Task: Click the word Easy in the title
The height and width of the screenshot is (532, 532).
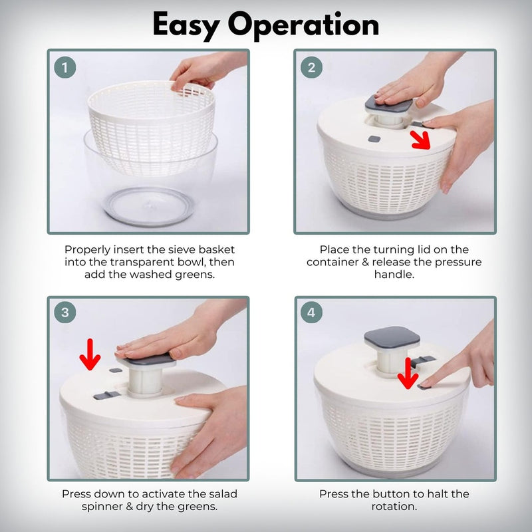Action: pyautogui.click(x=189, y=25)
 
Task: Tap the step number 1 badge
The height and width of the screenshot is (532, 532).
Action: pyautogui.click(x=65, y=67)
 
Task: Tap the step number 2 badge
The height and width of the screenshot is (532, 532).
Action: pyautogui.click(x=312, y=67)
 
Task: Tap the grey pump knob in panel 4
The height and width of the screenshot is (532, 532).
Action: pyautogui.click(x=392, y=340)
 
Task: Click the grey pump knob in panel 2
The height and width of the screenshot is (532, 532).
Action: pyautogui.click(x=390, y=103)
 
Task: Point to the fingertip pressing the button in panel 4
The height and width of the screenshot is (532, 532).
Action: pyautogui.click(x=426, y=384)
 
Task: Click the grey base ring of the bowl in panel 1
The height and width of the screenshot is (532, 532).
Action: pyautogui.click(x=150, y=206)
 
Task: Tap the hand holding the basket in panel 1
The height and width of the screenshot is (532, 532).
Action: pyautogui.click(x=203, y=70)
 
